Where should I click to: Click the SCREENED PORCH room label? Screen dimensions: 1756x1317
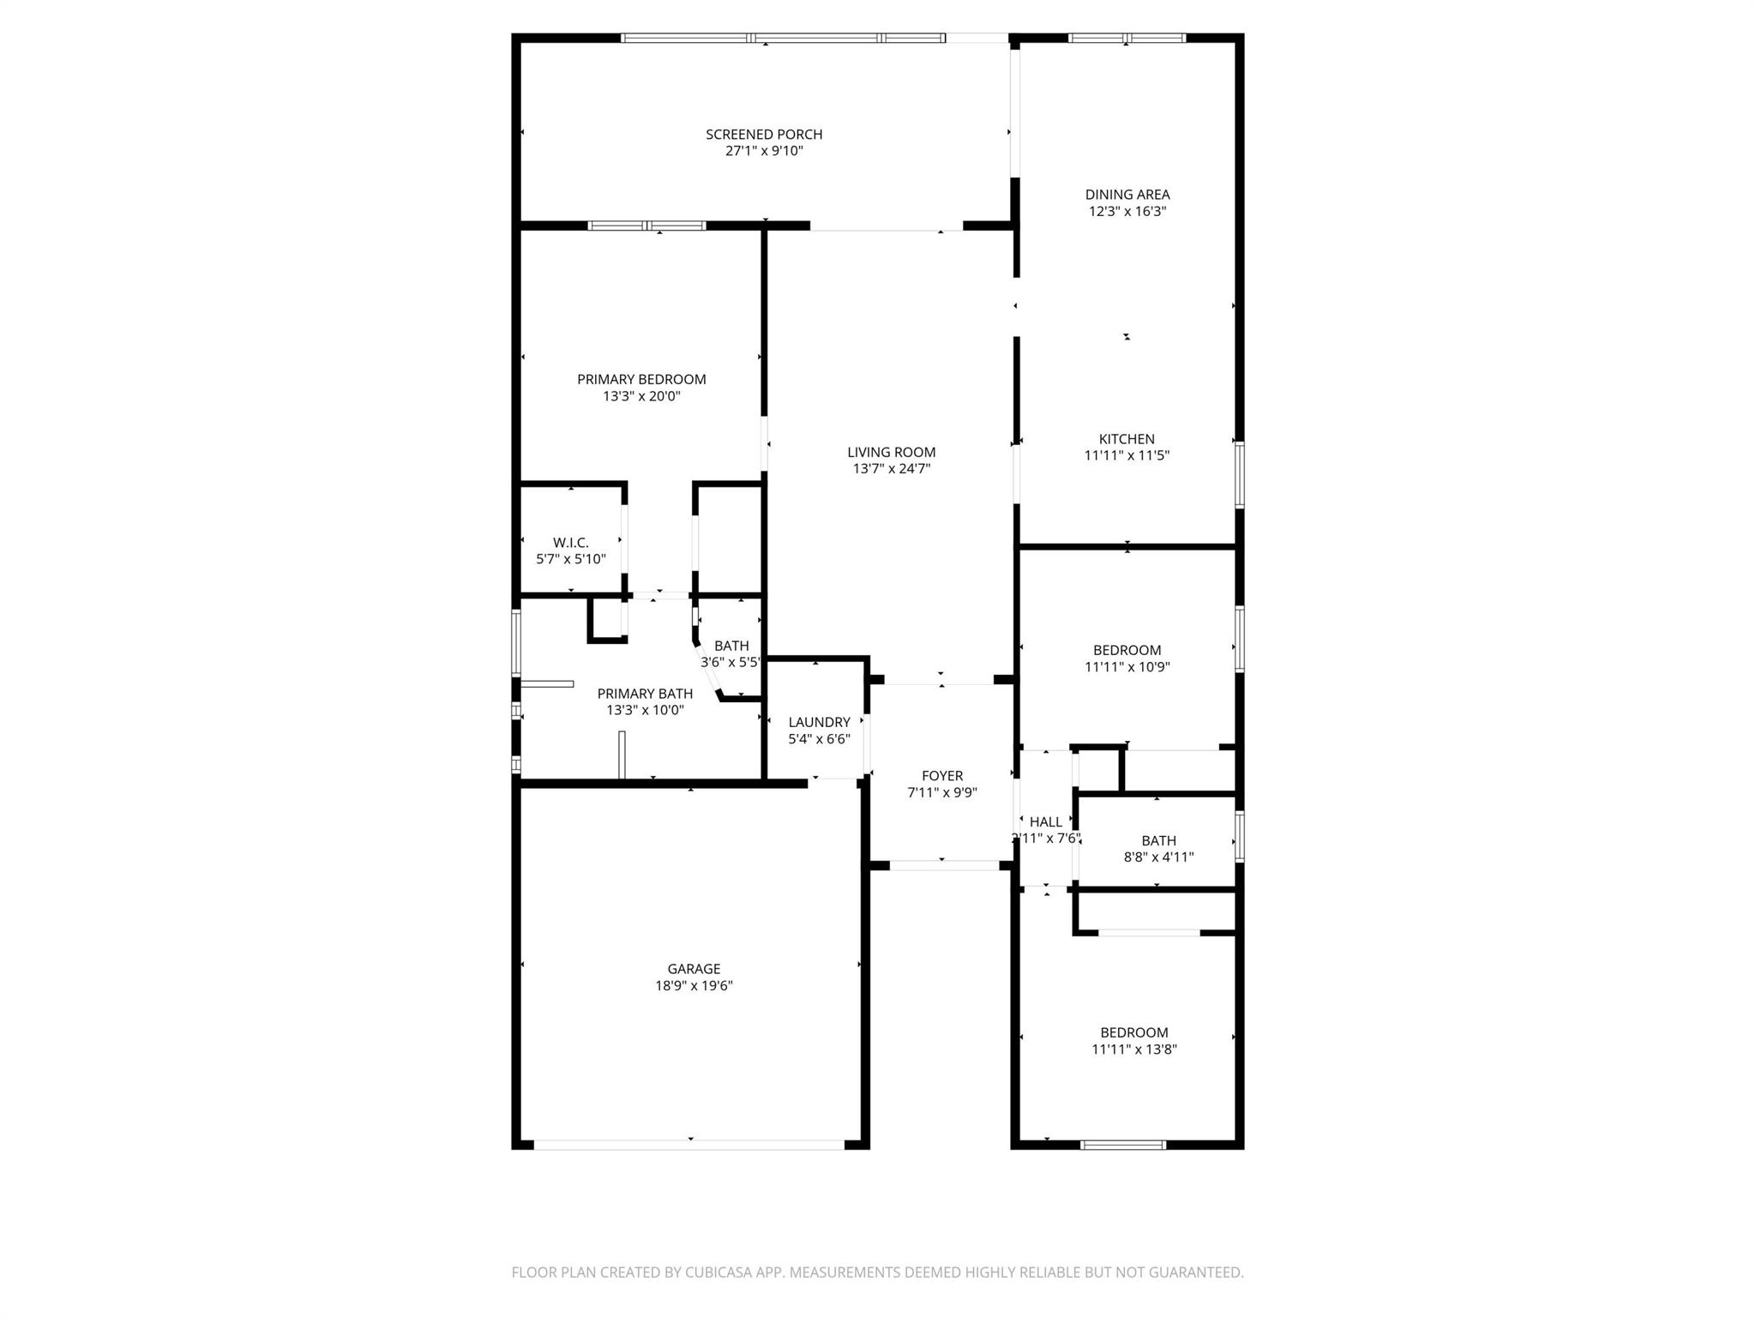pyautogui.click(x=764, y=135)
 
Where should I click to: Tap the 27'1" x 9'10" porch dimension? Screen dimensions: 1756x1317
pyautogui.click(x=764, y=151)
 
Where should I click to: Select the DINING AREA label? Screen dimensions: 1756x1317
pyautogui.click(x=1128, y=195)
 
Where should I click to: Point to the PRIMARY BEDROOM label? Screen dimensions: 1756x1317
pyautogui.click(x=641, y=380)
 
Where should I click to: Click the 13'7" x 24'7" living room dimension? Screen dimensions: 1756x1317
pyautogui.click(x=892, y=469)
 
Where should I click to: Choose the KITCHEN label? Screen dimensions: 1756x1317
pyautogui.click(x=1127, y=439)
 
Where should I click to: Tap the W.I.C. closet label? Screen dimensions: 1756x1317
pyautogui.click(x=571, y=543)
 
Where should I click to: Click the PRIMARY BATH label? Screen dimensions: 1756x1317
pyautogui.click(x=645, y=694)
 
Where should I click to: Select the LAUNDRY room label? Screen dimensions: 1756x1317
pyautogui.click(x=820, y=722)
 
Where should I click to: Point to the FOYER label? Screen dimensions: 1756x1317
pyautogui.click(x=942, y=776)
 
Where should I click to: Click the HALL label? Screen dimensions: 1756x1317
pyautogui.click(x=1046, y=822)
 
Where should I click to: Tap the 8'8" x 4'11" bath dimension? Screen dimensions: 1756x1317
pyautogui.click(x=1158, y=857)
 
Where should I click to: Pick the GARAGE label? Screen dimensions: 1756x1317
pyautogui.click(x=694, y=969)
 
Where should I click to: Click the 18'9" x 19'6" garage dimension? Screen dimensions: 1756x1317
pyautogui.click(x=694, y=986)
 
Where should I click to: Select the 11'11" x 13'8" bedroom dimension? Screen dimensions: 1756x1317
pyautogui.click(x=1134, y=1049)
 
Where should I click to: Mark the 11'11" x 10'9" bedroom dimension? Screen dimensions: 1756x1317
pyautogui.click(x=1127, y=667)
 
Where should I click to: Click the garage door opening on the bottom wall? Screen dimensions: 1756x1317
pyautogui.click(x=689, y=1145)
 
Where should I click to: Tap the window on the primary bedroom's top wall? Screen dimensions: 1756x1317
pyautogui.click(x=647, y=226)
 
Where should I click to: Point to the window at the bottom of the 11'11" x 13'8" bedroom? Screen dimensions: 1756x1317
pyautogui.click(x=1123, y=1145)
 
